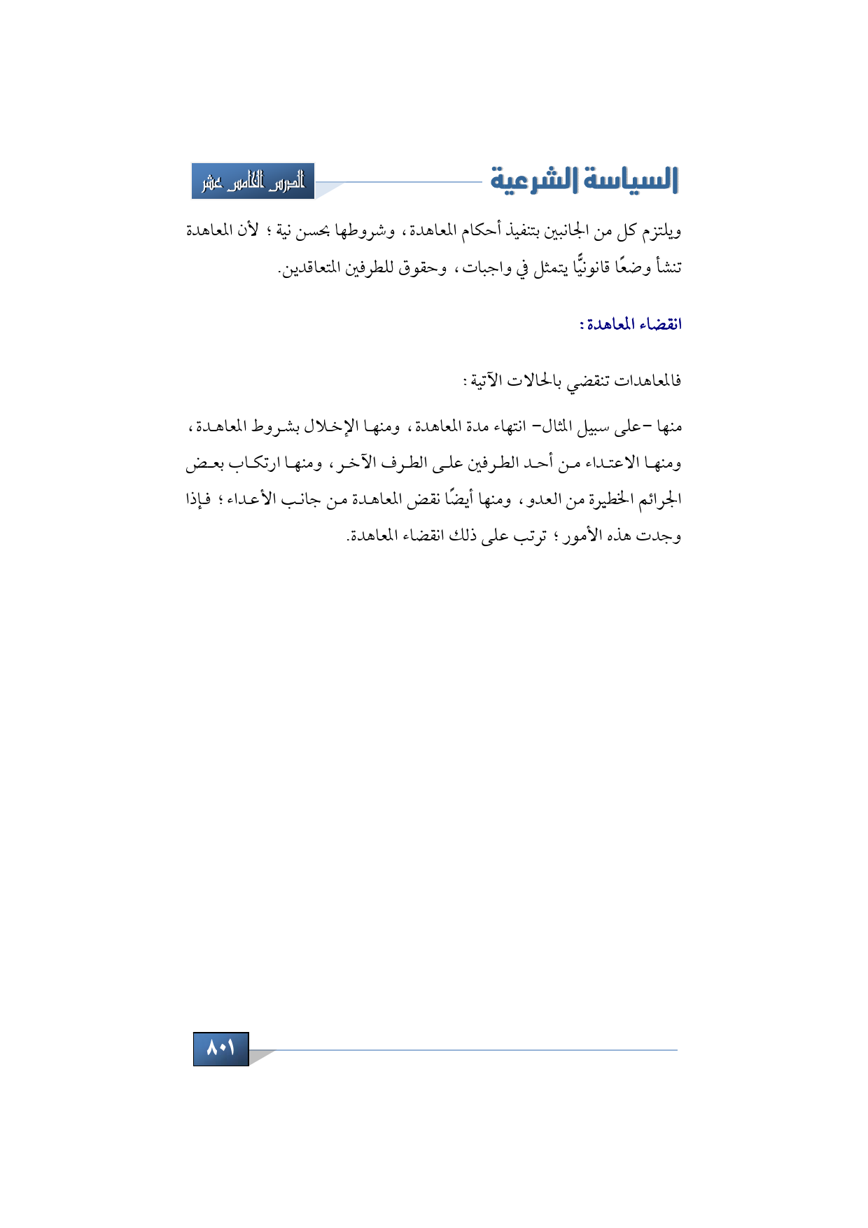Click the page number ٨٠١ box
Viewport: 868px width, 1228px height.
(x=220, y=1048)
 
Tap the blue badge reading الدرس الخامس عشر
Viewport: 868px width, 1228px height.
(x=253, y=181)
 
